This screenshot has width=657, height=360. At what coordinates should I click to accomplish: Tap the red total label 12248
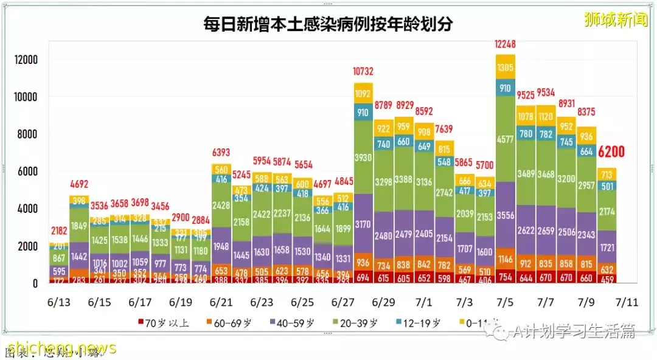point(505,44)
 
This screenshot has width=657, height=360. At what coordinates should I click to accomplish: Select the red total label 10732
point(363,72)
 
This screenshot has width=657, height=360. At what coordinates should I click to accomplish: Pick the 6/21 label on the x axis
point(221,302)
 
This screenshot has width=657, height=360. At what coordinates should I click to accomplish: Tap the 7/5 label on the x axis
point(505,302)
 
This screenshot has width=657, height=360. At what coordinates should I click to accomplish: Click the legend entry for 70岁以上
point(164,323)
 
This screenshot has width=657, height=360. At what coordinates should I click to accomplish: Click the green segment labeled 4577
point(505,138)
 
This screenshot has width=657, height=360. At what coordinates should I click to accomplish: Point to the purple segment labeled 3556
point(505,215)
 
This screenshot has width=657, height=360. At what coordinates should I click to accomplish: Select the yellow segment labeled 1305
point(505,67)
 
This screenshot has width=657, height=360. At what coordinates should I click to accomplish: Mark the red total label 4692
point(79,183)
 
